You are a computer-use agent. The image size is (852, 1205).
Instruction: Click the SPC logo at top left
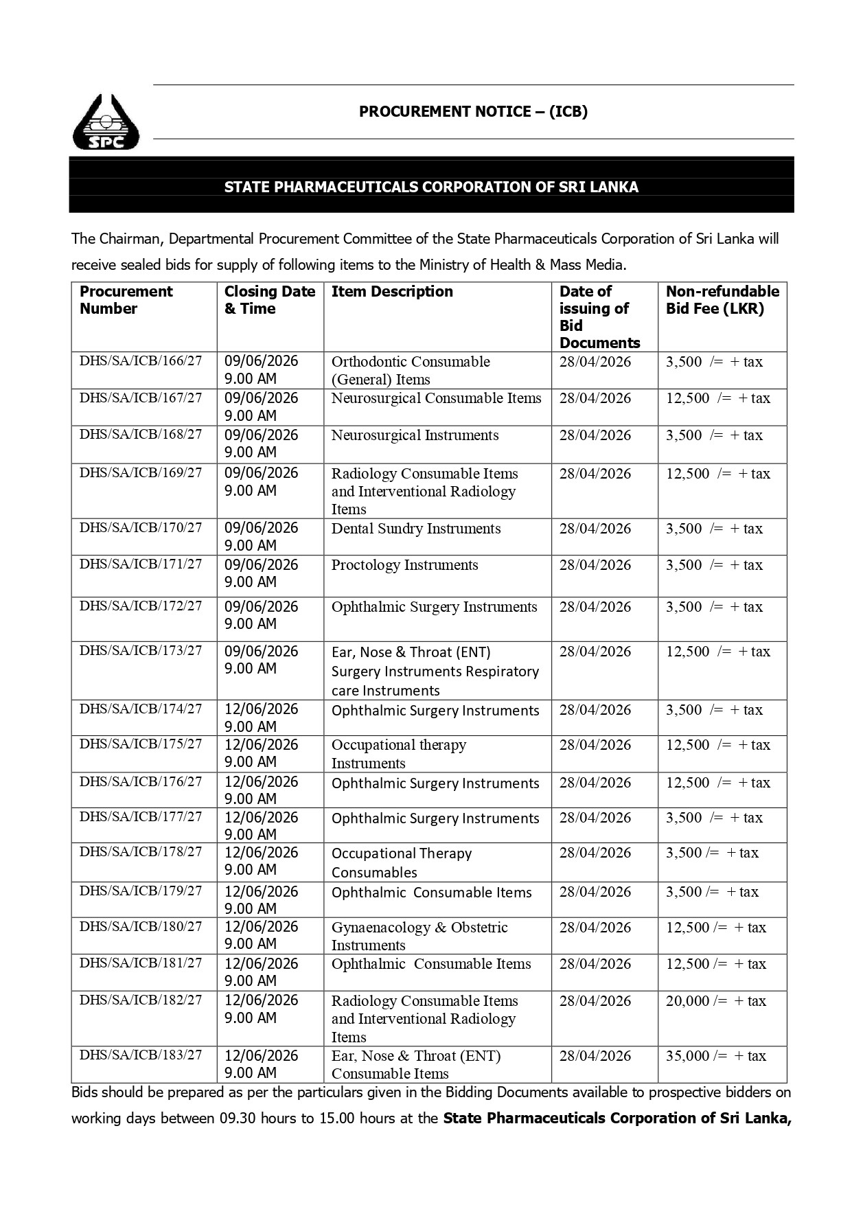[x=106, y=122]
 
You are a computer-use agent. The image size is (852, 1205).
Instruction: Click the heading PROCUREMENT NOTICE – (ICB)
[x=473, y=111]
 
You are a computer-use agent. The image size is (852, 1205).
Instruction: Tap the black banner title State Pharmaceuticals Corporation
[x=431, y=187]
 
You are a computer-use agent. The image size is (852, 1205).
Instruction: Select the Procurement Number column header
[x=126, y=300]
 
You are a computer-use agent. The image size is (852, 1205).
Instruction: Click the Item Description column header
[x=392, y=292]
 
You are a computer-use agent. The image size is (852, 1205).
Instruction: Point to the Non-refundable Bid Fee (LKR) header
[x=722, y=300]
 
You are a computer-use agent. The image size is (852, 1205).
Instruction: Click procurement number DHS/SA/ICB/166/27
[x=141, y=361]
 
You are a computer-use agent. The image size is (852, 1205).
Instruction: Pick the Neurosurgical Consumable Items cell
[x=436, y=398]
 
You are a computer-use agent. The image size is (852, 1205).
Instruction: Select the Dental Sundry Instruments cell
[x=416, y=529]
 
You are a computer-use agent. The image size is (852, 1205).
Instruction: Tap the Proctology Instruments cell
[x=404, y=565]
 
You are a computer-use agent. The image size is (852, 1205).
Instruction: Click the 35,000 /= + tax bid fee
[x=715, y=1056]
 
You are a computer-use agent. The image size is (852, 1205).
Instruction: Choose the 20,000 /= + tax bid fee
[x=715, y=1001]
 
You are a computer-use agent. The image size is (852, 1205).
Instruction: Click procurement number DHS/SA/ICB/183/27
[x=141, y=1055]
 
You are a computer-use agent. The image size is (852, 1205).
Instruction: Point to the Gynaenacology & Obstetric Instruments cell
[x=419, y=936]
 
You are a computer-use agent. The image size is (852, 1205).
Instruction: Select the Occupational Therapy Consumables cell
[x=402, y=862]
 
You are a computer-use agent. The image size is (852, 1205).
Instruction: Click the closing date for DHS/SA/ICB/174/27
[x=262, y=718]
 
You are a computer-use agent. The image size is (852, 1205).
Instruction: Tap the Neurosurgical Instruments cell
[x=415, y=435]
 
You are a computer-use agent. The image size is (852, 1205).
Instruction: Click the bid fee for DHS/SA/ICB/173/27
[x=717, y=652]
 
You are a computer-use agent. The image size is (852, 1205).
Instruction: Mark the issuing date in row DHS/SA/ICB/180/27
[x=595, y=928]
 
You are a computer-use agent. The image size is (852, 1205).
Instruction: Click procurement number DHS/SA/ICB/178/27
[x=141, y=852]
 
